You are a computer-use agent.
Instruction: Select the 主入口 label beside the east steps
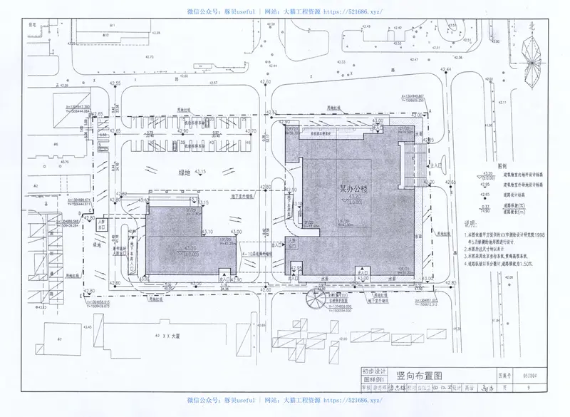(435, 165)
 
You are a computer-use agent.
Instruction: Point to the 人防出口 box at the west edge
(101, 223)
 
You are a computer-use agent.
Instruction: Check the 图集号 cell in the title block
(505, 371)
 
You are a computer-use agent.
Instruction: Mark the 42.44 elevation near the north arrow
(446, 69)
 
